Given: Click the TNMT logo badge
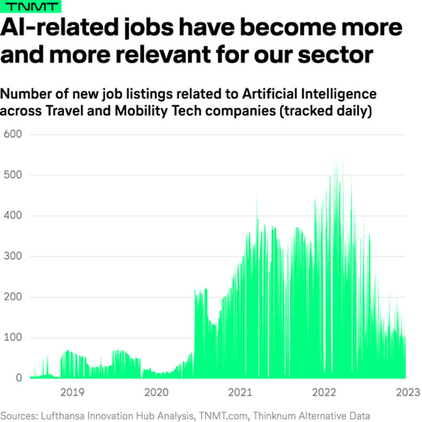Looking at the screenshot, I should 30,6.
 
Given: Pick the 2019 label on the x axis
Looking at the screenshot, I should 71,392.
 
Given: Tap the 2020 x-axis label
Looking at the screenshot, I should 156,392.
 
